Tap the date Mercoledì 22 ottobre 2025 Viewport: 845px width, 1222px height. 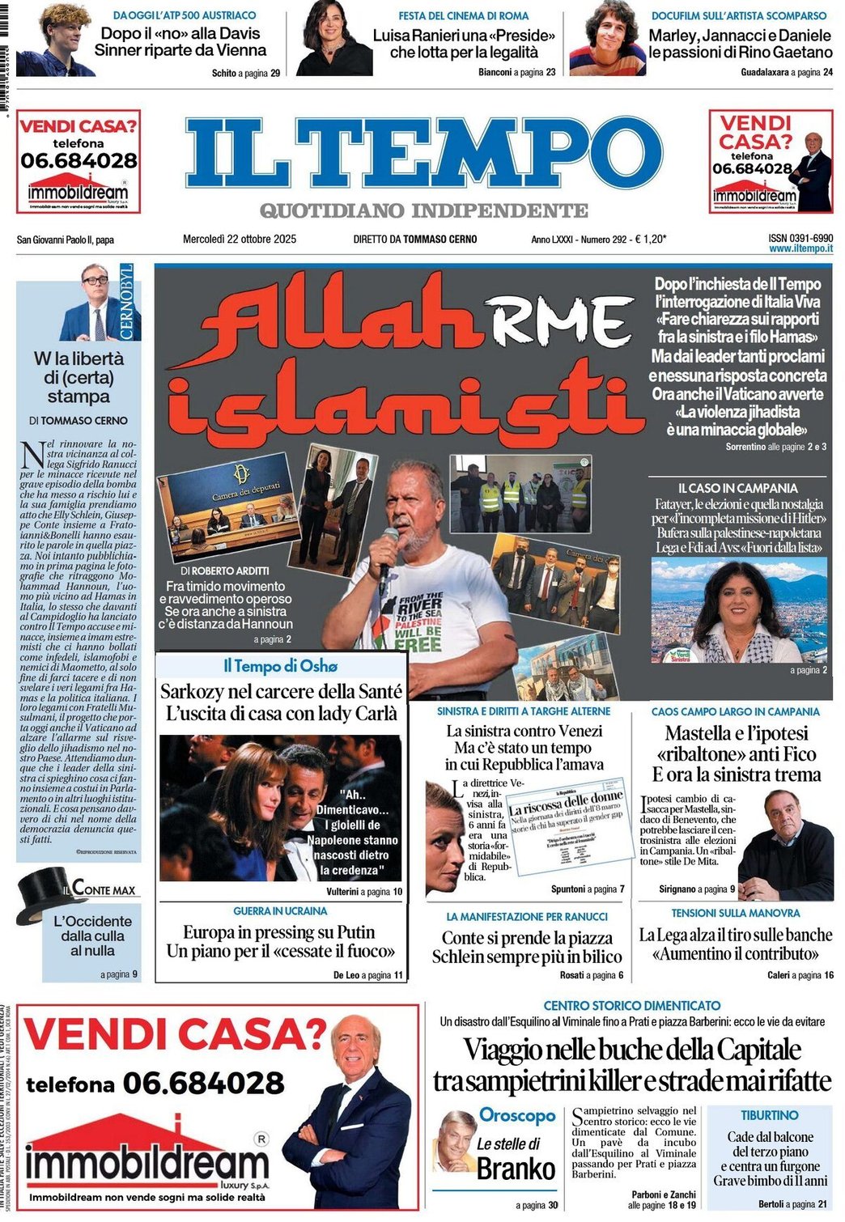click(240, 239)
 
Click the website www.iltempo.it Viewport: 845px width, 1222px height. click(800, 248)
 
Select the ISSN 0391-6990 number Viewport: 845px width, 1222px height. click(800, 238)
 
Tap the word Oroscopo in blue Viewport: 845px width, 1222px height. click(517, 1115)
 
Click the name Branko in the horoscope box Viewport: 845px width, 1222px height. click(516, 1169)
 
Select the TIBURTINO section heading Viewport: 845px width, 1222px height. click(769, 1115)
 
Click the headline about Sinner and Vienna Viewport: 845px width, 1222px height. click(180, 42)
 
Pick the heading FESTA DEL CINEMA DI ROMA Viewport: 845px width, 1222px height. click(463, 15)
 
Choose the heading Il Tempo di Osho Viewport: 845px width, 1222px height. click(280, 666)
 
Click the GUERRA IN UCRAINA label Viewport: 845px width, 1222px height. click(280, 911)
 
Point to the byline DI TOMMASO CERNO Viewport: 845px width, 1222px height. click(79, 420)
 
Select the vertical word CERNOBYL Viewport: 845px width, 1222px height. click(126, 302)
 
